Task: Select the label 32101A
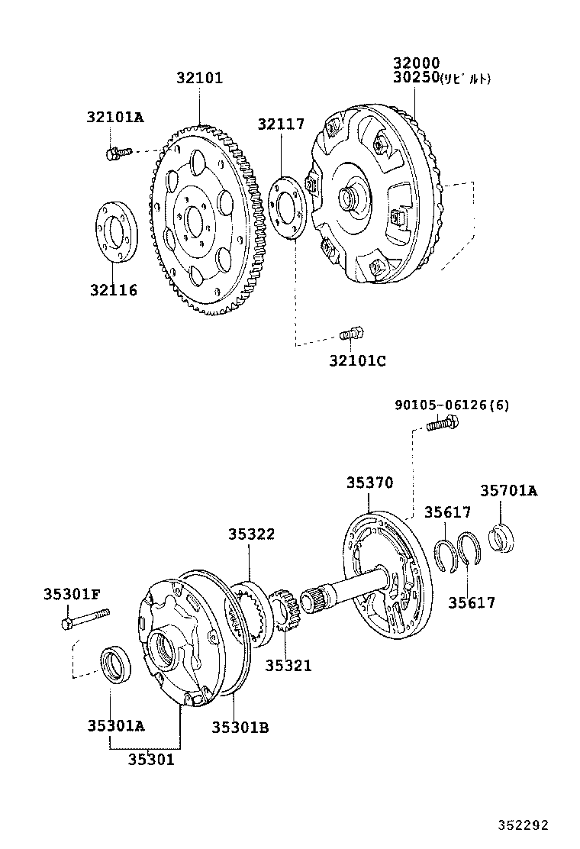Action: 114,117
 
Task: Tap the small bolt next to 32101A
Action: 113,153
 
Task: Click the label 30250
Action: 416,78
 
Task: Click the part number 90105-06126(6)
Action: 452,405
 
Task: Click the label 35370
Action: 369,483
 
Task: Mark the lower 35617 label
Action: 471,602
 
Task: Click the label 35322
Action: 250,534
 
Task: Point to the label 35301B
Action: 240,727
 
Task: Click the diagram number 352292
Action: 524,825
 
